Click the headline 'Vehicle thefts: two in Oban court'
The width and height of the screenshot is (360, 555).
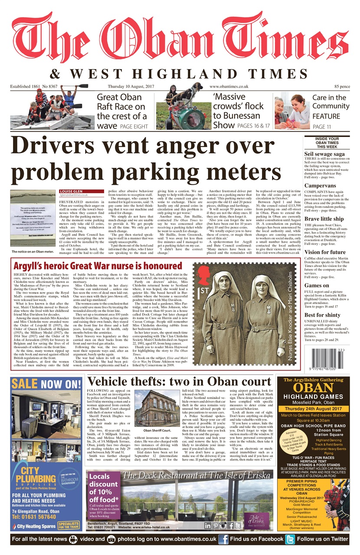[179, 382]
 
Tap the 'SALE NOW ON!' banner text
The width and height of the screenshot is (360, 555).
[46, 384]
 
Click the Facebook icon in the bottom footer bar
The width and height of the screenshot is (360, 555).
[223, 539]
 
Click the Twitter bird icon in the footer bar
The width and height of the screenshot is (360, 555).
[290, 539]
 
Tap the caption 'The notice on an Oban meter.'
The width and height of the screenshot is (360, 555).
[33, 251]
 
